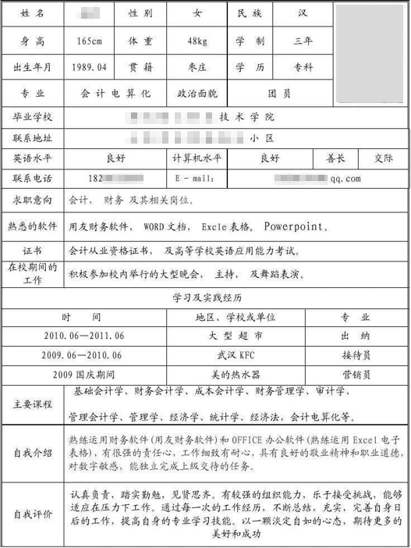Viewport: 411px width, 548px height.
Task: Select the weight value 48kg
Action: click(195, 41)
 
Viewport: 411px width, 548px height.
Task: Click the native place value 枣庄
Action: click(195, 67)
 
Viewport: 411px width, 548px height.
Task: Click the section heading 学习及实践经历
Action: click(205, 298)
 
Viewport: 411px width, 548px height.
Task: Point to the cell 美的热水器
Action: click(235, 372)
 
